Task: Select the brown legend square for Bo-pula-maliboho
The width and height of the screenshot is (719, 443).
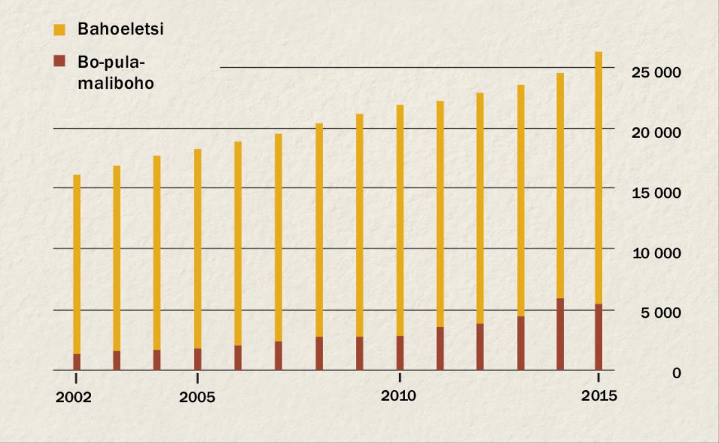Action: point(59,61)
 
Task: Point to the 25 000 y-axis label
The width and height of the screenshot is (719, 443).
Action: point(657,72)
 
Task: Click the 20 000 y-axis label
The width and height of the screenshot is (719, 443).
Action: point(657,132)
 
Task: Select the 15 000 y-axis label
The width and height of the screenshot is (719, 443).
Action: point(657,193)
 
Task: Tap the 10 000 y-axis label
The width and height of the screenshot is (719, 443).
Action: point(657,253)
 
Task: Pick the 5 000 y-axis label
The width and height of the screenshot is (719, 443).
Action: point(661,313)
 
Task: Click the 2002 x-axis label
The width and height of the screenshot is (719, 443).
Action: point(74,398)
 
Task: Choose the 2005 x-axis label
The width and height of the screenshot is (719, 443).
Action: point(197,398)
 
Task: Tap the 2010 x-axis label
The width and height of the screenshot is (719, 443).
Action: point(398,397)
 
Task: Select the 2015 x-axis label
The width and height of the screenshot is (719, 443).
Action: point(599,397)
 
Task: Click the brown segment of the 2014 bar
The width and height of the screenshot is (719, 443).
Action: point(560,334)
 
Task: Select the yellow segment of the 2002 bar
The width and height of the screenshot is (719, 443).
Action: point(77,264)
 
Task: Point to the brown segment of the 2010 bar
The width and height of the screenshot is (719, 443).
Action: point(399,353)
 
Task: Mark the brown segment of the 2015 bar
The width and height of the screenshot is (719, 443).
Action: point(598,337)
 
